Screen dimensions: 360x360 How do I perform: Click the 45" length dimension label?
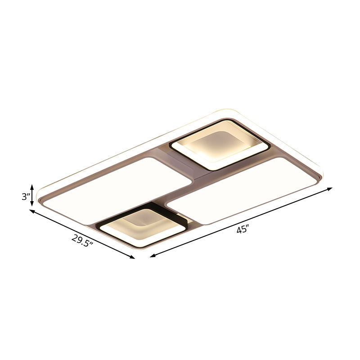pos(243,229)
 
